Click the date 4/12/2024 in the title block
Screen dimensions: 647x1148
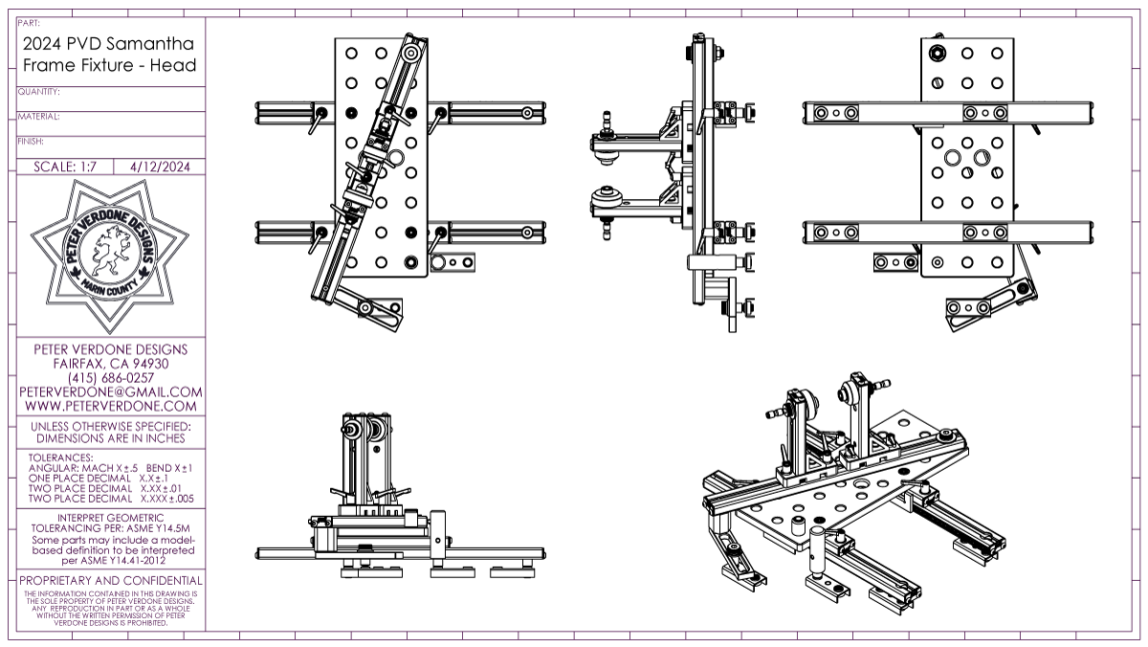pyautogui.click(x=159, y=166)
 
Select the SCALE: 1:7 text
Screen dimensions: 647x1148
pyautogui.click(x=66, y=166)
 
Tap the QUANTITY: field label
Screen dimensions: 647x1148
pyautogui.click(x=39, y=92)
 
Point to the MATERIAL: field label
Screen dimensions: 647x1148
pyautogui.click(x=39, y=117)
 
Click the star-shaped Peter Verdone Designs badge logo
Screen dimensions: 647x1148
pyautogui.click(x=110, y=253)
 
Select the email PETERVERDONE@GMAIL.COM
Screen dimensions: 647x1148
pyautogui.click(x=111, y=391)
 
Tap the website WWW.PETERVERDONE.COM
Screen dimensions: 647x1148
pyautogui.click(x=111, y=406)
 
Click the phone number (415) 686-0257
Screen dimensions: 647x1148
pyautogui.click(x=111, y=378)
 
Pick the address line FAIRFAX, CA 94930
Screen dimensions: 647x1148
pyautogui.click(x=111, y=364)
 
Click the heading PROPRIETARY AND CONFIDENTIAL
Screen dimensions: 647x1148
pyautogui.click(x=111, y=581)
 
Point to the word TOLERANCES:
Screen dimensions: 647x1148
pyautogui.click(x=61, y=457)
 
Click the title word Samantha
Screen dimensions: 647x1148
pyautogui.click(x=153, y=44)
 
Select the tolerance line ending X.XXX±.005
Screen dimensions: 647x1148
pyautogui.click(x=111, y=499)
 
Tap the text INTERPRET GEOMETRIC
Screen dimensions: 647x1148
pyautogui.click(x=111, y=518)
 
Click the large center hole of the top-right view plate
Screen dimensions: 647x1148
pyautogui.click(x=953, y=157)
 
